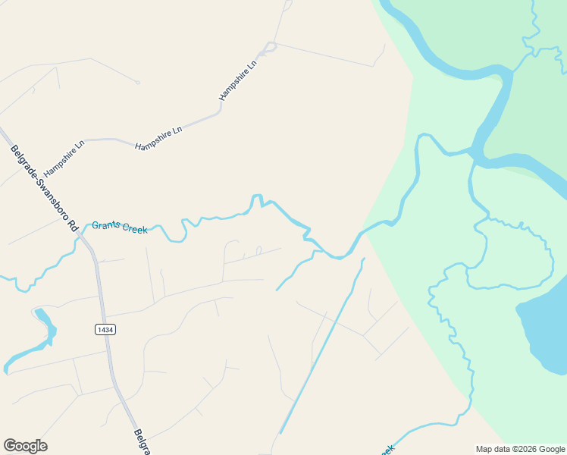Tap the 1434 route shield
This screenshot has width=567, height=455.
point(105,329)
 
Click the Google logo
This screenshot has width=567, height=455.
point(25,446)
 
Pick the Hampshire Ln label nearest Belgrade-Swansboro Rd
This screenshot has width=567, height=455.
point(64,158)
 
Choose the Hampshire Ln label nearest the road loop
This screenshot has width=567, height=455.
point(238,80)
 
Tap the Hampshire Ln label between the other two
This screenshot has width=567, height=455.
point(158,139)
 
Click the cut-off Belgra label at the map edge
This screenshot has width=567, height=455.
point(143,441)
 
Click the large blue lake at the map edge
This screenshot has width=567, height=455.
point(544,334)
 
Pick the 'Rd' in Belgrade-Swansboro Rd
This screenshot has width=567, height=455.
point(74,225)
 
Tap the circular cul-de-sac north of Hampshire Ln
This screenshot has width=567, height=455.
point(137,82)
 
